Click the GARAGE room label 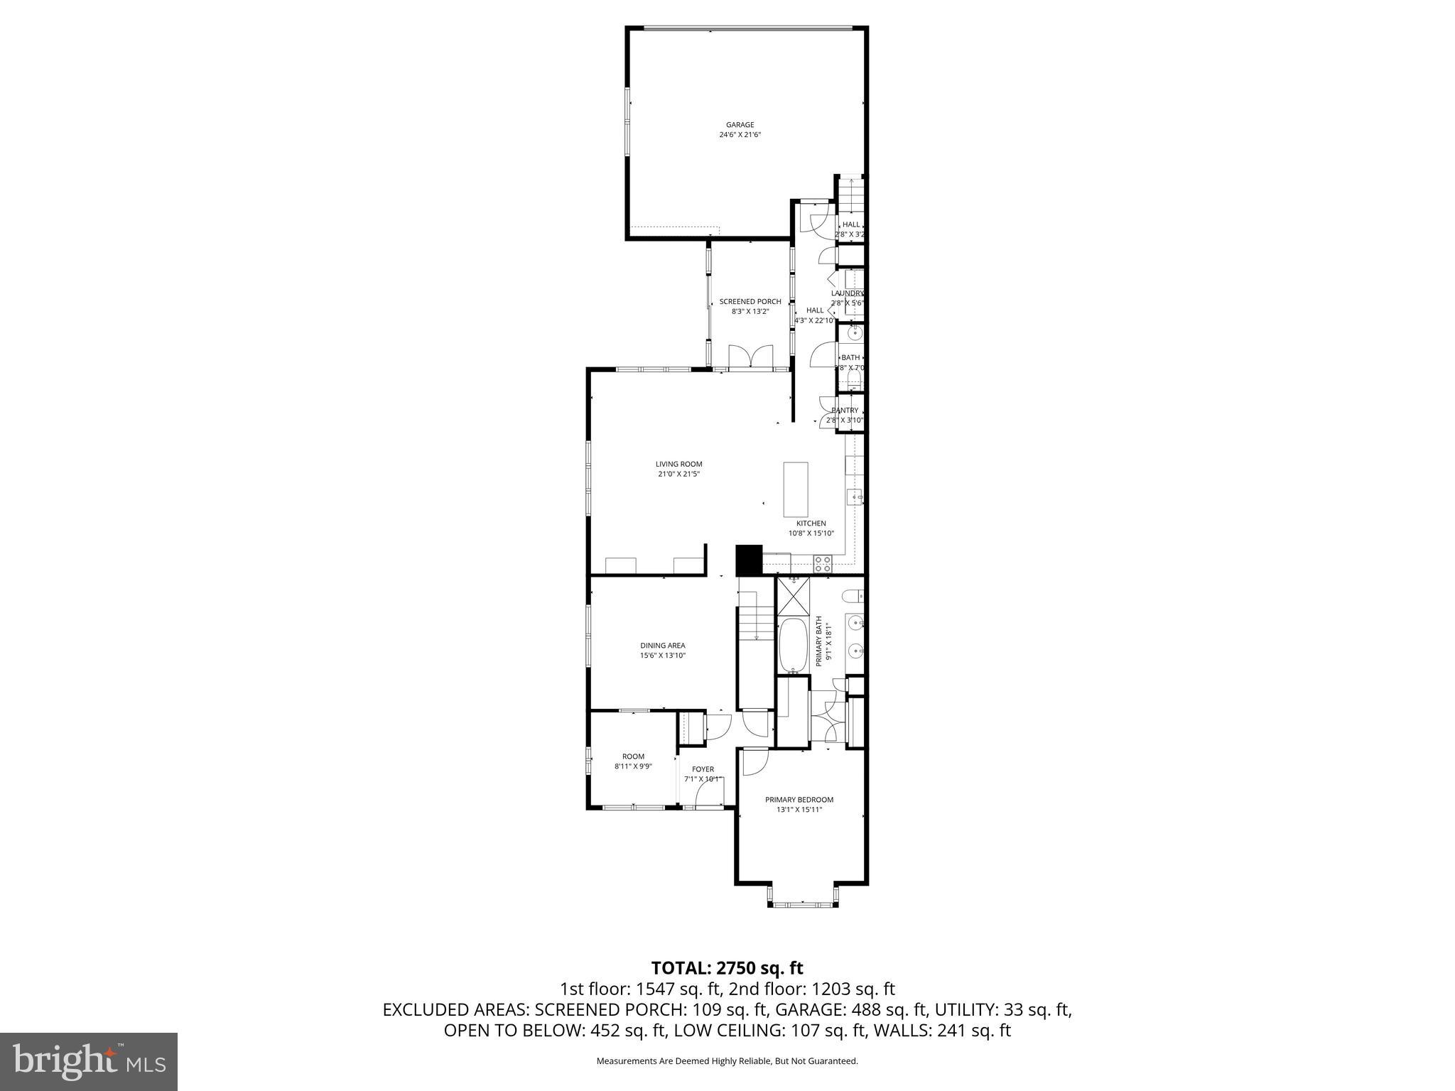coord(740,125)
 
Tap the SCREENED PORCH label coord(750,302)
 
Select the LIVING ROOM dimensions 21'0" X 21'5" coord(678,474)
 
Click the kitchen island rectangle coord(795,489)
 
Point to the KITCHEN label coord(811,523)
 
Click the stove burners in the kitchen coord(823,564)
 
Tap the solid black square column coord(748,560)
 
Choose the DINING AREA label coord(662,646)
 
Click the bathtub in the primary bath coord(792,646)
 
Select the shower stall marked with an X coord(793,596)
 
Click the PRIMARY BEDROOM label coord(799,800)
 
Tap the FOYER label coord(703,769)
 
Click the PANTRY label coord(845,411)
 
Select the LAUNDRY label coord(847,293)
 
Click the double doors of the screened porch coord(751,357)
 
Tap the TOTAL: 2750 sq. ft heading coord(727,968)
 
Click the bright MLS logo coord(89,1061)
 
